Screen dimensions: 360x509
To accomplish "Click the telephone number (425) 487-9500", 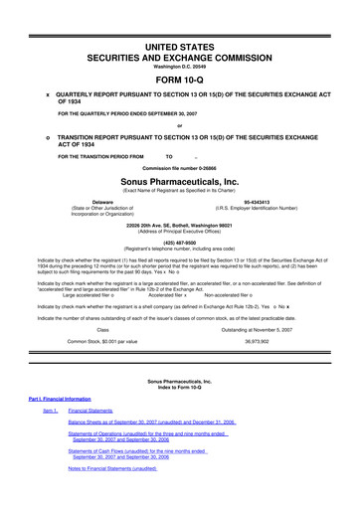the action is tap(180, 239).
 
